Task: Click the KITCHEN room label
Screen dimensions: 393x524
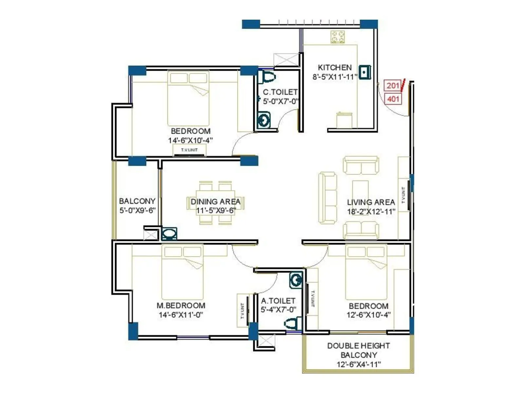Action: coord(334,67)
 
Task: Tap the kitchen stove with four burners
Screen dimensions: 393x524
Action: coord(337,37)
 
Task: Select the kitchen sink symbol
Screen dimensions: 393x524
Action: coord(365,72)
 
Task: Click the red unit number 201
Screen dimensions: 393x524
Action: coord(392,86)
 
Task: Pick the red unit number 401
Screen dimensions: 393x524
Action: coord(393,99)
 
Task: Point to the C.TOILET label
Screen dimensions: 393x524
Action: coord(280,92)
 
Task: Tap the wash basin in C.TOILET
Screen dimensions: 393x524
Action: coord(263,120)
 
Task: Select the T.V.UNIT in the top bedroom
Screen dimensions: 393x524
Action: coord(190,150)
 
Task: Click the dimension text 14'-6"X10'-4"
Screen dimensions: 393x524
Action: coord(190,140)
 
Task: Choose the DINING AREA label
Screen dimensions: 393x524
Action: coord(215,202)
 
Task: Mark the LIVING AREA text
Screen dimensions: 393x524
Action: coord(371,202)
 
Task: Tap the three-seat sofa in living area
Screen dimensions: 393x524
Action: coord(327,198)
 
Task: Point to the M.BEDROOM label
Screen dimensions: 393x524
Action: coord(181,306)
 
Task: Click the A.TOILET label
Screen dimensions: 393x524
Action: coord(278,301)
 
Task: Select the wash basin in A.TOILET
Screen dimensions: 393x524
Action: coord(296,281)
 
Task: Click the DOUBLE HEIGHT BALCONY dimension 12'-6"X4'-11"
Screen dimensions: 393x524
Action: coord(359,364)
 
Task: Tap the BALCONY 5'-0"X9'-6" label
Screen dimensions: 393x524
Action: coord(137,201)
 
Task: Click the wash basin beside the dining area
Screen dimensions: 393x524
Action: coord(169,234)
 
